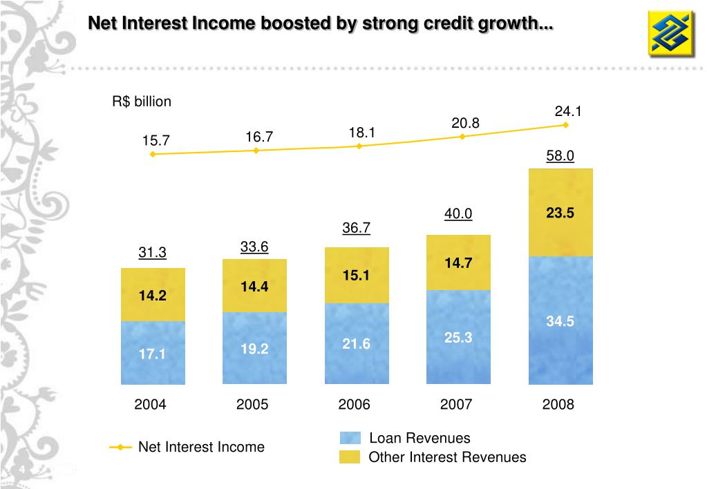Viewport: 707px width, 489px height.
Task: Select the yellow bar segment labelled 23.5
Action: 560,213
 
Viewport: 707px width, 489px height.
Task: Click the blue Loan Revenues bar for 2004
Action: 153,352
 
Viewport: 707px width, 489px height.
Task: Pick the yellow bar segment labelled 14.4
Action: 254,286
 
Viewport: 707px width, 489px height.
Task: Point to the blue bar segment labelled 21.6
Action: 357,343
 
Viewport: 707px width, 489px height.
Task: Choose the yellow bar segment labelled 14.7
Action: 459,262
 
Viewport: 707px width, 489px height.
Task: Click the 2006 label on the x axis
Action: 355,405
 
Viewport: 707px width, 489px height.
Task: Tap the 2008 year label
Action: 558,405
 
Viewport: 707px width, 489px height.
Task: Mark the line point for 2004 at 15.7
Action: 153,154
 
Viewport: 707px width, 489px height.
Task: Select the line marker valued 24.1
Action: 565,125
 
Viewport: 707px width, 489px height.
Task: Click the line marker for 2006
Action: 359,146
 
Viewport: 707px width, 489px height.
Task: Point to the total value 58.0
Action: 560,156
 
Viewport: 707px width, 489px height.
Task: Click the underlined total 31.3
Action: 152,253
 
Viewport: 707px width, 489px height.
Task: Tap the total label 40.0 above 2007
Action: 458,214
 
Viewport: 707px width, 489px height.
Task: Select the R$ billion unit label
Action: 142,102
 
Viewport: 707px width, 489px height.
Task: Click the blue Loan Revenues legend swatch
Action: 350,438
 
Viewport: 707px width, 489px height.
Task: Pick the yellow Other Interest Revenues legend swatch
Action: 350,457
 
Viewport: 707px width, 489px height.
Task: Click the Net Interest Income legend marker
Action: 121,448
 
